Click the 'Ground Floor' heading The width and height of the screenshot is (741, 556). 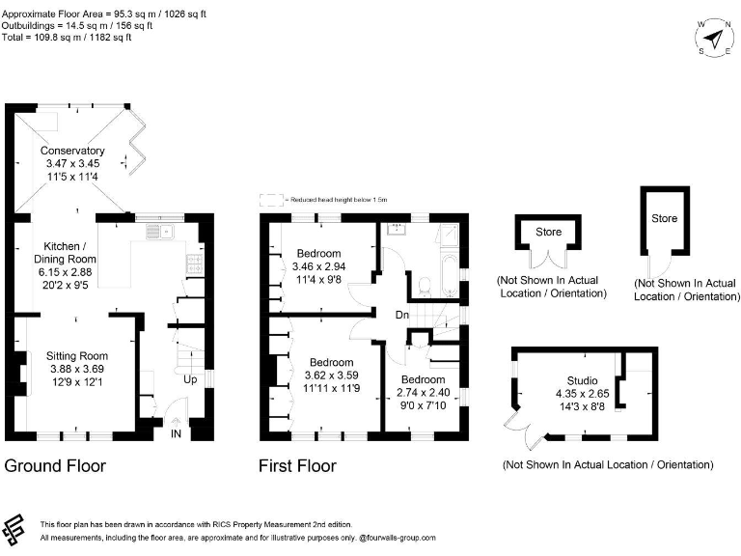click(x=55, y=466)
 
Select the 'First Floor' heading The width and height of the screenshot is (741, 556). click(x=297, y=466)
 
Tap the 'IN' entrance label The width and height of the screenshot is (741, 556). click(x=176, y=436)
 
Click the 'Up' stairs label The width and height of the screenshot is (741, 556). click(x=190, y=380)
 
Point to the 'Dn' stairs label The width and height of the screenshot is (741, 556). click(x=402, y=315)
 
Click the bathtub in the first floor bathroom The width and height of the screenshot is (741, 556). click(x=450, y=273)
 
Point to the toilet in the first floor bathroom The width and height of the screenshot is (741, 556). click(x=425, y=283)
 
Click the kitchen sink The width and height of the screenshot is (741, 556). click(x=159, y=232)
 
